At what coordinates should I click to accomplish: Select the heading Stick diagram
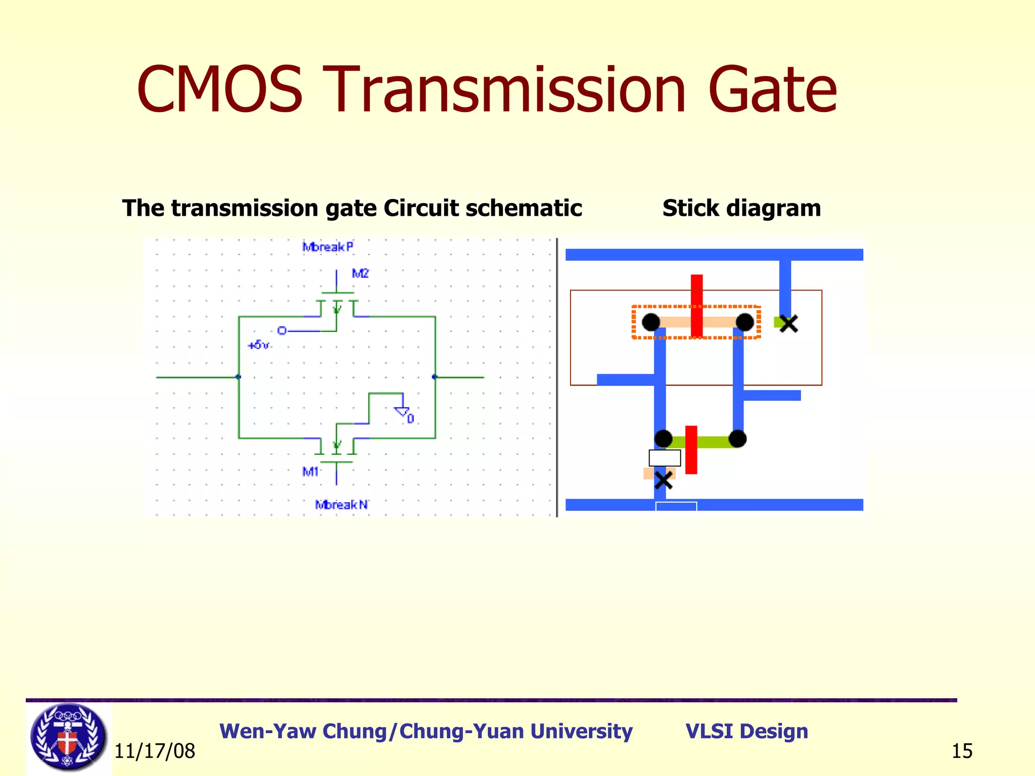point(741,208)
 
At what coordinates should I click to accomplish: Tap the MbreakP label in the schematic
point(328,247)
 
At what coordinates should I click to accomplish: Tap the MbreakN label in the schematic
point(341,504)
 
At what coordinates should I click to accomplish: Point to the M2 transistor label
point(360,274)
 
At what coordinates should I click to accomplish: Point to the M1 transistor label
point(310,472)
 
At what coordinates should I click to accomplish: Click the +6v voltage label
point(258,345)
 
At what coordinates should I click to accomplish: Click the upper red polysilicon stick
point(696,305)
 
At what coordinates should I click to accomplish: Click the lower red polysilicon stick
point(691,450)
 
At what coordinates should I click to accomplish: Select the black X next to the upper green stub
point(788,323)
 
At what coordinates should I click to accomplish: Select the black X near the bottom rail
point(663,480)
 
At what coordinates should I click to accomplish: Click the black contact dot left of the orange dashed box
point(651,322)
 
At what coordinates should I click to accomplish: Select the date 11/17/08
point(155,751)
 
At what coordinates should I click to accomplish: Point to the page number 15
point(962,751)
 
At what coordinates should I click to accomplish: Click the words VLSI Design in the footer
point(746,731)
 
